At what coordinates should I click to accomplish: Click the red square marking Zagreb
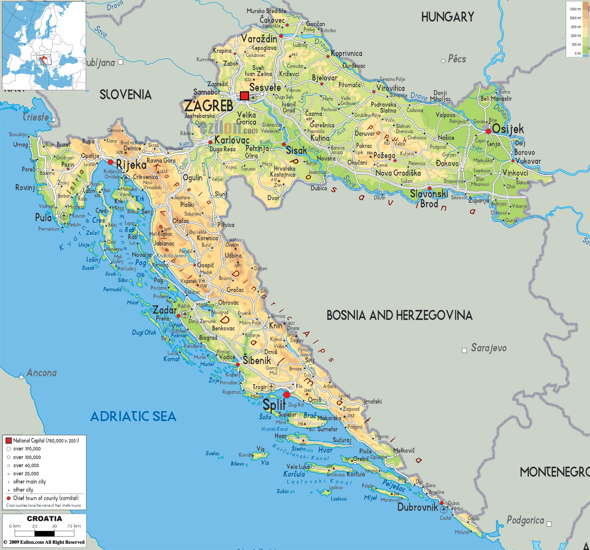[x=244, y=96]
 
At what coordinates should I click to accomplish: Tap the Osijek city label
[x=508, y=129]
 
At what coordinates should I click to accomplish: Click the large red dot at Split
[x=287, y=395]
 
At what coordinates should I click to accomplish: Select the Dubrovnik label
[x=417, y=507]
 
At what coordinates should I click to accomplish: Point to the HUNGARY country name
[x=448, y=17]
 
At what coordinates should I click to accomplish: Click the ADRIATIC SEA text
[x=133, y=416]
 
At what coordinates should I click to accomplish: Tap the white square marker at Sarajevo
[x=464, y=351]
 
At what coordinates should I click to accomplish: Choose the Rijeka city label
[x=131, y=164]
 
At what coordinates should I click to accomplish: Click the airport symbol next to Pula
[x=64, y=216]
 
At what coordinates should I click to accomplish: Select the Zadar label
[x=164, y=310]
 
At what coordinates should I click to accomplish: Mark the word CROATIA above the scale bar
[x=44, y=519]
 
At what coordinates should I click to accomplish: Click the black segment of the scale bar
[x=44, y=533]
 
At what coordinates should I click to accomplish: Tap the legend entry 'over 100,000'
[x=27, y=457]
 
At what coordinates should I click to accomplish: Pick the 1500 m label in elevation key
[x=575, y=9]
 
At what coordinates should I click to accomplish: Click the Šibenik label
[x=257, y=360]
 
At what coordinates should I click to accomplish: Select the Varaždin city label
[x=259, y=39]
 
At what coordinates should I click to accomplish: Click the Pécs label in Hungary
[x=457, y=59]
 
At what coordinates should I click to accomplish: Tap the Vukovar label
[x=528, y=161]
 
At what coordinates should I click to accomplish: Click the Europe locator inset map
[x=44, y=45]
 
